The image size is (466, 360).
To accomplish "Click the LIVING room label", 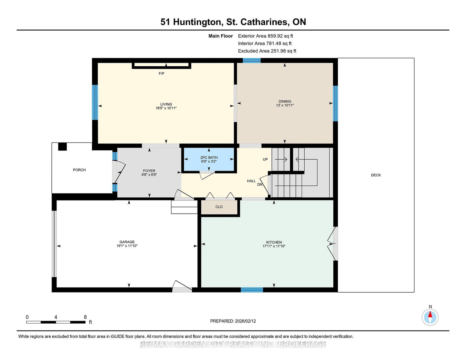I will pos(166,104).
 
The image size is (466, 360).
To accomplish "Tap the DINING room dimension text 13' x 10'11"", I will pos(285,105).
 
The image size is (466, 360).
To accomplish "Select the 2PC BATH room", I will pos(209,159).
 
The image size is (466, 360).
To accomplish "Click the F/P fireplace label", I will pos(161,74).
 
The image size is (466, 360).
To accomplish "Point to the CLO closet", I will pos(219,207).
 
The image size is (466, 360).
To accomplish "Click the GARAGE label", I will pos(127,242).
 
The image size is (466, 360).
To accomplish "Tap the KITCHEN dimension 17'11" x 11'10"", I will pos(274,246).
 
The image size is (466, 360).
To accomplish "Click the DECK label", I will pos(376,175).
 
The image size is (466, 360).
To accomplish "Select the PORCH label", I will pos(79,170).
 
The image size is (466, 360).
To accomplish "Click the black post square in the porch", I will pos(62,146).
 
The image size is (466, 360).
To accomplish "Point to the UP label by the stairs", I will pos(265,159).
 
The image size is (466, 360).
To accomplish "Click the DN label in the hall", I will pos(260,185).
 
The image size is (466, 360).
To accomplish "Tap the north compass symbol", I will pos(430,317).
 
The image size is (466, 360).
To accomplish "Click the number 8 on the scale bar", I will pos(85,317).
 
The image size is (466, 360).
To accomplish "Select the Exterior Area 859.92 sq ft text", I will pos(265,36).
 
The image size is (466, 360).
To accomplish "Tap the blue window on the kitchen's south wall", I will pos(252,290).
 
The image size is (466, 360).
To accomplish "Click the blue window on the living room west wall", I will pos(95,102).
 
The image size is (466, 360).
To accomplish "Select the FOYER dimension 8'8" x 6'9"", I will pos(149,175).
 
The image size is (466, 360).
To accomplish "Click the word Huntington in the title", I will pos(197,22).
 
